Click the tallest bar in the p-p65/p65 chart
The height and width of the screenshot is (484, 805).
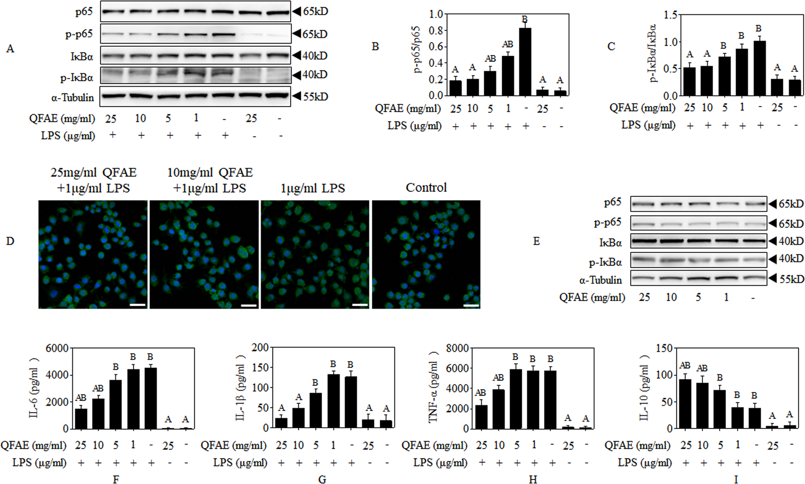(x=525, y=62)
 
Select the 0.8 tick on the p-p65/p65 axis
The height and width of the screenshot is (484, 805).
(x=436, y=31)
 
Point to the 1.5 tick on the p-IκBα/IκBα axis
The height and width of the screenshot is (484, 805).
(x=670, y=15)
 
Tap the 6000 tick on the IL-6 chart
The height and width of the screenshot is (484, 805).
(x=57, y=348)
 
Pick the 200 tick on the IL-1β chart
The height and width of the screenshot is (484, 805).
(x=260, y=347)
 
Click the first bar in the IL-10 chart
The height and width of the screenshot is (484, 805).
(x=685, y=404)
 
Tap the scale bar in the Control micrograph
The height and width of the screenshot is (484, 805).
(x=471, y=305)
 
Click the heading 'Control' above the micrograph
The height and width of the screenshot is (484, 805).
(x=426, y=188)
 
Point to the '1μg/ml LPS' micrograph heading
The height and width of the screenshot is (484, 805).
(x=313, y=188)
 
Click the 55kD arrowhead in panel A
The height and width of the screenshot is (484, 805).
(x=297, y=97)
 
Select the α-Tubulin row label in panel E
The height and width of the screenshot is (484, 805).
(x=600, y=280)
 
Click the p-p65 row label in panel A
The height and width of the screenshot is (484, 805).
(x=79, y=34)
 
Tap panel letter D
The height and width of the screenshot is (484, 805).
(x=10, y=241)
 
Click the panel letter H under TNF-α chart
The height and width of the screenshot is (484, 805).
(x=533, y=479)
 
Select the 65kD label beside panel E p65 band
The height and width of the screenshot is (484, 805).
(x=791, y=204)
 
